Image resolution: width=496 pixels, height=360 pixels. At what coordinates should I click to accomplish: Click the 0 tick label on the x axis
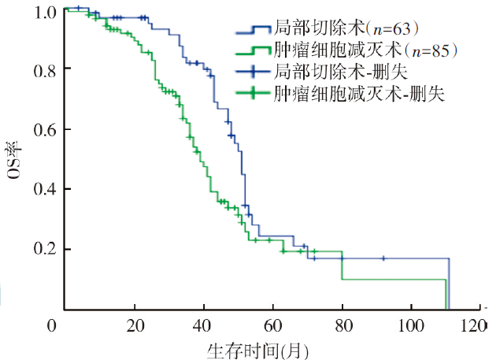53,325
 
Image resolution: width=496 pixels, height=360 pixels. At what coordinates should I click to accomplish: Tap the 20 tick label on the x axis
135,325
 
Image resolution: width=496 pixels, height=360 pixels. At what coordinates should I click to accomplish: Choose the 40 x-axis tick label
204,325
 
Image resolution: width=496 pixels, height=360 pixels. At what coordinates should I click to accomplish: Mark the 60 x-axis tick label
272,325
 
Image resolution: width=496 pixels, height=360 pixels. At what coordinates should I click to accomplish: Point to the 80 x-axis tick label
342,325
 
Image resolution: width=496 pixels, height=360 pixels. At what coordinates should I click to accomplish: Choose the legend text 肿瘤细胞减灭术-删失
359,94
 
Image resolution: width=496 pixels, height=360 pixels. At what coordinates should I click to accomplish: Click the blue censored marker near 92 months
383,258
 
